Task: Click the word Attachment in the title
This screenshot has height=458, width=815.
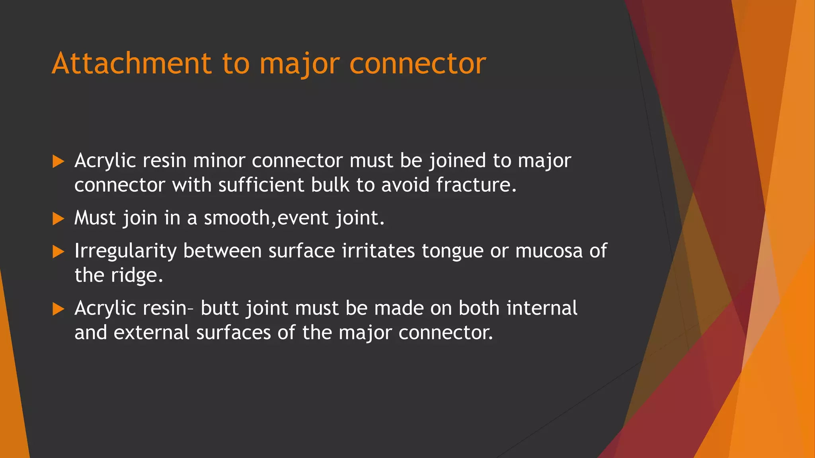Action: click(x=131, y=64)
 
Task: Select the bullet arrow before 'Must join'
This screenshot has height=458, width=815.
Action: click(x=58, y=219)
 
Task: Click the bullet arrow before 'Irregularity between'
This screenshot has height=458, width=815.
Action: click(x=58, y=252)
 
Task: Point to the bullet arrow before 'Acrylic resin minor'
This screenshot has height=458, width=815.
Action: click(x=58, y=161)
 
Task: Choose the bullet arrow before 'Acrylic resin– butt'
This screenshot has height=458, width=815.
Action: click(x=58, y=309)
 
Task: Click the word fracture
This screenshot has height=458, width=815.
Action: click(x=476, y=185)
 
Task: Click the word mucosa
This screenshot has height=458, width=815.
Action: click(x=549, y=251)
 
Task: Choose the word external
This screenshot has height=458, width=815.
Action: click(x=151, y=333)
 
